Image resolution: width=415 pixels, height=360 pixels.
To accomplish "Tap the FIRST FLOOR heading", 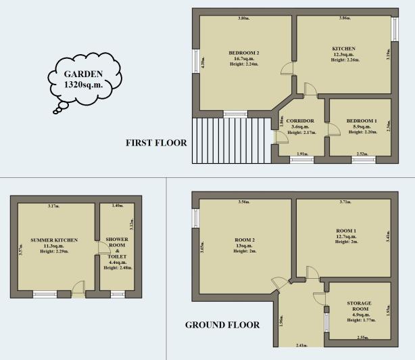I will coord(156,143).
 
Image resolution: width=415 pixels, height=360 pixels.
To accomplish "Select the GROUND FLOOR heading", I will coord(222,325).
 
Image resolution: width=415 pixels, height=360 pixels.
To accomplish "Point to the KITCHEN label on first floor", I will coord(343,49).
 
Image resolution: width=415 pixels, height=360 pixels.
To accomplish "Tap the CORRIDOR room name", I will coord(299,120).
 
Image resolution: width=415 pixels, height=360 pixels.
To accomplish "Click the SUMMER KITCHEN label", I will coord(54,240).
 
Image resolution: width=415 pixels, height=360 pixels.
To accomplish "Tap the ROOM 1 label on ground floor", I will coord(345,231).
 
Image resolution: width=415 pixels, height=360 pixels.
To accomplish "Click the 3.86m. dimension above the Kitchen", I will coord(344,18).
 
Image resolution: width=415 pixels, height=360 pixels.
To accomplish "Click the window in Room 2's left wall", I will coord(195,218).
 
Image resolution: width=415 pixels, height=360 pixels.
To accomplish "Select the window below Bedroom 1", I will coord(362,160).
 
